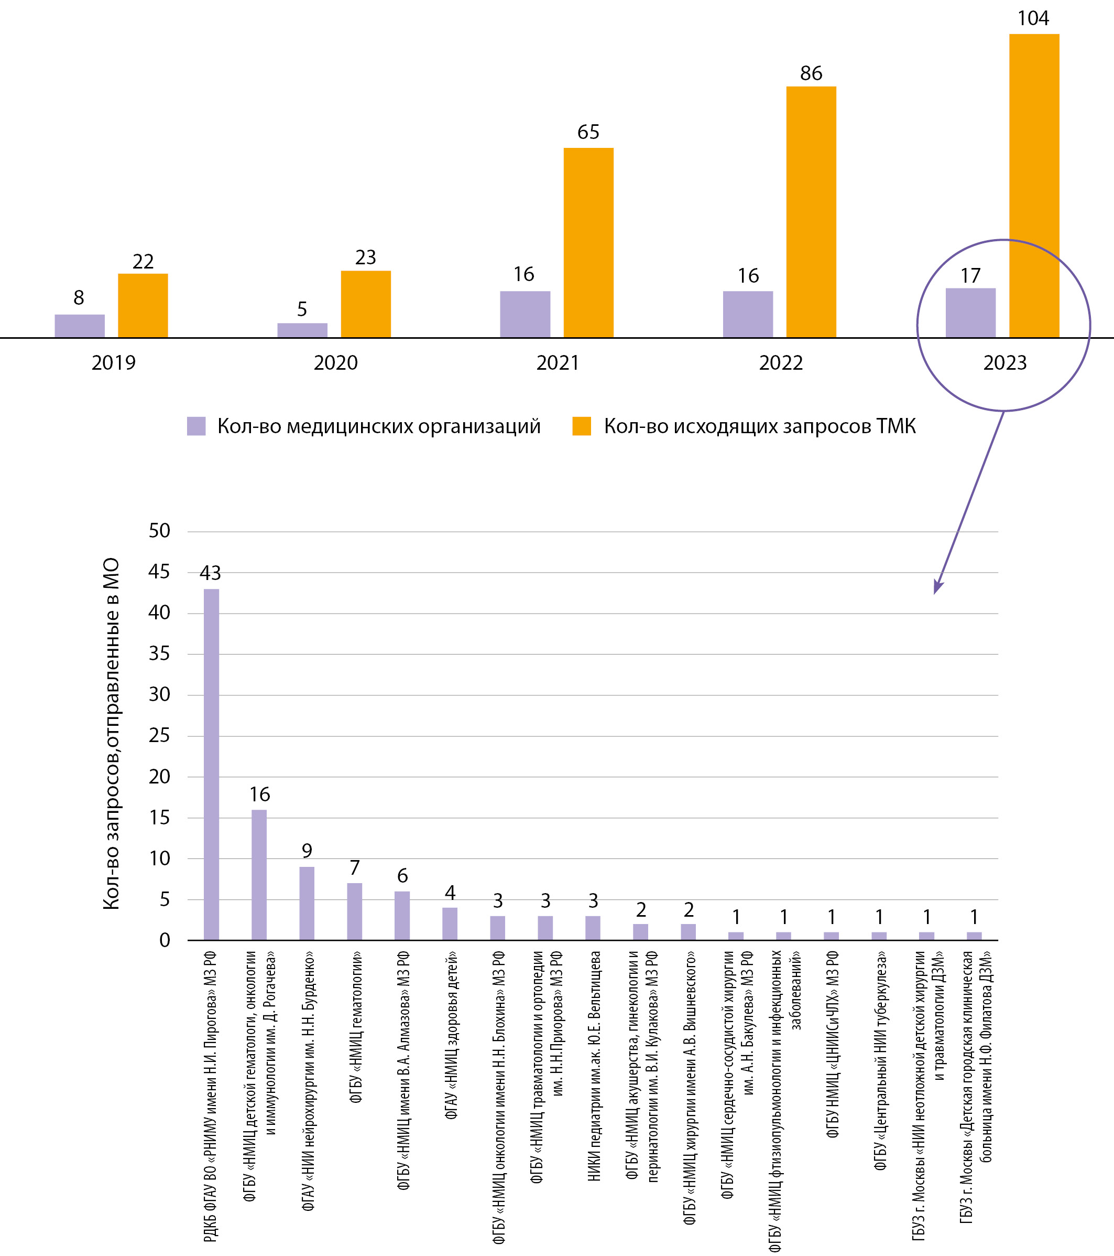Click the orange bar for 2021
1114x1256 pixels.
tap(588, 243)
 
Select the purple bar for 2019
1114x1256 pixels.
tap(79, 326)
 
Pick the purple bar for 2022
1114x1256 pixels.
tap(747, 314)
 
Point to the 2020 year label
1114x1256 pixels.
tap(335, 362)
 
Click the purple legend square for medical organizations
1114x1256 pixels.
tap(196, 426)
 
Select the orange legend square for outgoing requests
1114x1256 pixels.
tap(581, 426)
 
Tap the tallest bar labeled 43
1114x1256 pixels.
tap(211, 765)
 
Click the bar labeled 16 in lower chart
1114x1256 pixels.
tap(259, 875)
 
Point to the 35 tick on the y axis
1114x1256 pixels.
tap(159, 654)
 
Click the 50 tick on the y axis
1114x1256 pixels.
tap(159, 531)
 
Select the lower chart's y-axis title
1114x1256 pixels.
tap(111, 734)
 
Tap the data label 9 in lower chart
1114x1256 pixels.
tap(307, 851)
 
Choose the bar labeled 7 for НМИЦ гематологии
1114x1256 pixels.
tap(354, 912)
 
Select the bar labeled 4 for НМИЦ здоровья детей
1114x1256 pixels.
tap(450, 924)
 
